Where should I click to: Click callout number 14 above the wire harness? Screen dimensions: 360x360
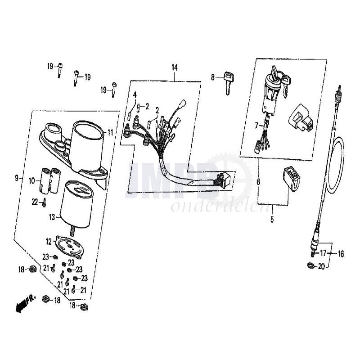click(175, 67)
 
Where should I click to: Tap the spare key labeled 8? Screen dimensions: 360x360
click(229, 83)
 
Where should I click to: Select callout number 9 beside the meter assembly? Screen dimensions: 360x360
click(17, 178)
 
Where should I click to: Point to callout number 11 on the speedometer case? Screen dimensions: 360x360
click(111, 132)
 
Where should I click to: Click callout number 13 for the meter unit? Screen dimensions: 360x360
click(52, 217)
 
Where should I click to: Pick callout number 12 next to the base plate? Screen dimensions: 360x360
click(49, 242)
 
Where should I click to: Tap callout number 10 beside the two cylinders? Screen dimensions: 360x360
click(31, 181)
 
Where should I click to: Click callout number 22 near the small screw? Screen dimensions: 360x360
click(35, 202)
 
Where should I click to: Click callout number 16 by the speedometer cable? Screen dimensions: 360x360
click(341, 254)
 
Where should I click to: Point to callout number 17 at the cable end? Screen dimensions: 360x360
click(323, 253)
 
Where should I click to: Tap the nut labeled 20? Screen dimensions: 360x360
click(311, 265)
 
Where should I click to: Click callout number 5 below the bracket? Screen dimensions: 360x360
click(272, 220)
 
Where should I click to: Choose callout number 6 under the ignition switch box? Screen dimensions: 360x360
click(258, 182)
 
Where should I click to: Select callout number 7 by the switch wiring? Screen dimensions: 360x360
click(256, 126)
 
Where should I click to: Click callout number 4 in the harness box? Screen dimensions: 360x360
click(135, 94)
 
